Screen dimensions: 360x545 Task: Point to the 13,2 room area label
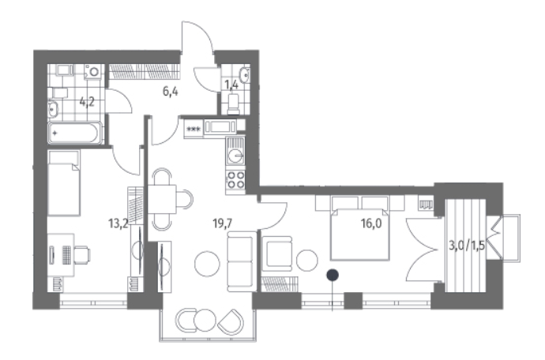point(118,223)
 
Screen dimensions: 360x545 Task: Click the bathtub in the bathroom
point(76,133)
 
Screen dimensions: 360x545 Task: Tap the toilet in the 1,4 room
point(234,102)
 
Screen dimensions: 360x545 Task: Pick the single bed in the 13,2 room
point(64,184)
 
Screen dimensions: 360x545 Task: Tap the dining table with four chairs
point(163,198)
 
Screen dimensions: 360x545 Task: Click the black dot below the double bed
point(334,275)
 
